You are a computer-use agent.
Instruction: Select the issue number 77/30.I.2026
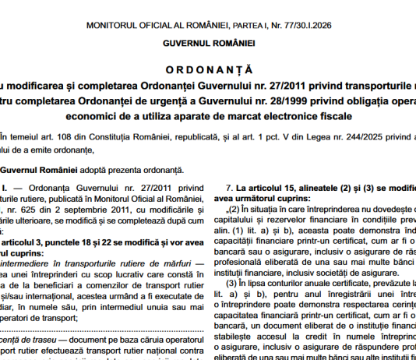coord(312,26)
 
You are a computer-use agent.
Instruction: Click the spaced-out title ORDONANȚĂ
coord(208,69)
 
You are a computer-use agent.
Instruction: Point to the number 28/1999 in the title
coord(273,100)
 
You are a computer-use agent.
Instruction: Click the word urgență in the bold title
coord(153,100)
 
